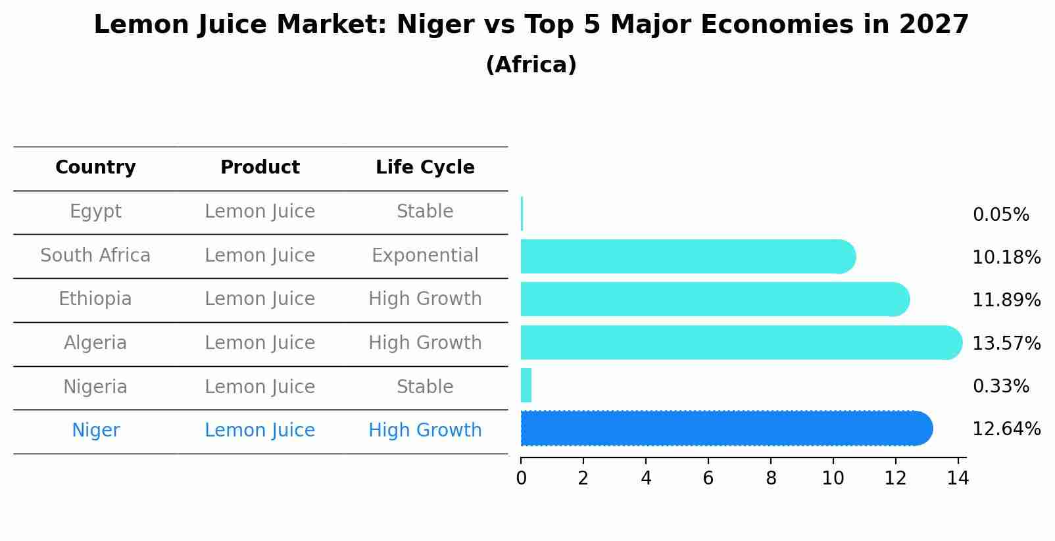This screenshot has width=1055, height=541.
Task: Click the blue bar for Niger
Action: tap(724, 429)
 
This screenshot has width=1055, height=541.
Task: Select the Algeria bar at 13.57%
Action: tap(737, 342)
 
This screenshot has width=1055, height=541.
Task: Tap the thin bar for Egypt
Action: tap(522, 214)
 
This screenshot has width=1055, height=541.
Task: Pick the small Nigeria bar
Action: tap(526, 385)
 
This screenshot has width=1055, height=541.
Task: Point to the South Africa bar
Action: tap(684, 256)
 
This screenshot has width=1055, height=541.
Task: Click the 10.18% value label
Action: tap(1006, 258)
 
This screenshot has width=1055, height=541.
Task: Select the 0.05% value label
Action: tap(1000, 215)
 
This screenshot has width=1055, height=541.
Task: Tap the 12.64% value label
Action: tap(1006, 429)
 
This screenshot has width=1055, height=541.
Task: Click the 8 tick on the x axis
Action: tap(771, 479)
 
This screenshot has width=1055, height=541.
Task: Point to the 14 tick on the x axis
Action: tap(958, 479)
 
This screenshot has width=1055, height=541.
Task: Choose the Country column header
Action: tap(95, 168)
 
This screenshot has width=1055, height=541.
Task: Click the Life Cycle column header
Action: tap(425, 168)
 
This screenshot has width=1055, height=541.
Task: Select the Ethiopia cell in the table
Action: tap(95, 299)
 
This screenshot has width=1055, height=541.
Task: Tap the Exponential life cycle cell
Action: tap(425, 255)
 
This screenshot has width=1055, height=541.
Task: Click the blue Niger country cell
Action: tap(95, 431)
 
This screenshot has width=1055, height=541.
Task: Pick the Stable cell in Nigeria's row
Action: tap(425, 387)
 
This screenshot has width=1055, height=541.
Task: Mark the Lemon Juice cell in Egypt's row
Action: tap(260, 212)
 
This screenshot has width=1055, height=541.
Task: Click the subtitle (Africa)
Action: tap(531, 65)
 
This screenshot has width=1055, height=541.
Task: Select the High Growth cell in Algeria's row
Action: tap(425, 343)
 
